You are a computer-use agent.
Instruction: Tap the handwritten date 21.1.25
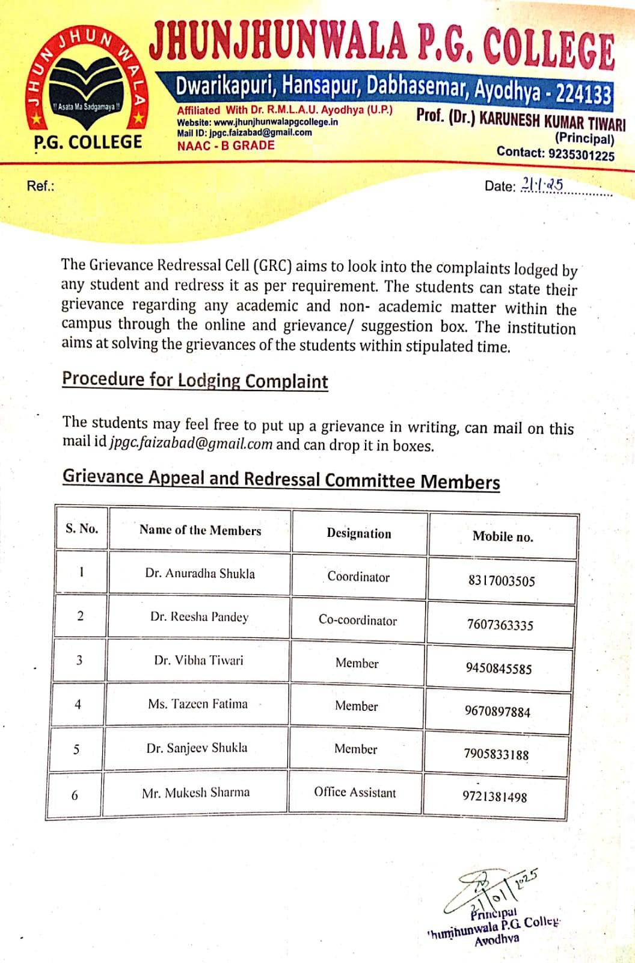[x=542, y=184]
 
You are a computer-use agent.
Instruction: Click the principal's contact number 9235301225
[x=581, y=155]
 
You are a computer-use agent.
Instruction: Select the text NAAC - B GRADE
[x=225, y=145]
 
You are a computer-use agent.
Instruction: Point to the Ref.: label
[x=40, y=185]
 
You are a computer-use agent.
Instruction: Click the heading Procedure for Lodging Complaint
[x=195, y=380]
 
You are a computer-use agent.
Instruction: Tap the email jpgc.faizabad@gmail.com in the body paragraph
[x=191, y=444]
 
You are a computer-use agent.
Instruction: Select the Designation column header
[x=358, y=533]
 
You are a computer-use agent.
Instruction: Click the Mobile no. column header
[x=503, y=536]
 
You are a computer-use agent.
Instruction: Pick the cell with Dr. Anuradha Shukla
[x=200, y=574]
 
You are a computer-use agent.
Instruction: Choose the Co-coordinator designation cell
[x=358, y=621]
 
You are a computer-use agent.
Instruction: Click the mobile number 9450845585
[x=498, y=668]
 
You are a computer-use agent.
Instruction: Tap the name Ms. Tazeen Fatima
[x=198, y=704]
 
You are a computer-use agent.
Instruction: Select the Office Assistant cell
[x=355, y=792]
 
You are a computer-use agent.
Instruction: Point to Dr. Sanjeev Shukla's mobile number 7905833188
[x=496, y=754]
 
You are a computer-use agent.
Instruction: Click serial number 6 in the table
[x=75, y=796]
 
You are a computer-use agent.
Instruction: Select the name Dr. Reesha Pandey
[x=199, y=617]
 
